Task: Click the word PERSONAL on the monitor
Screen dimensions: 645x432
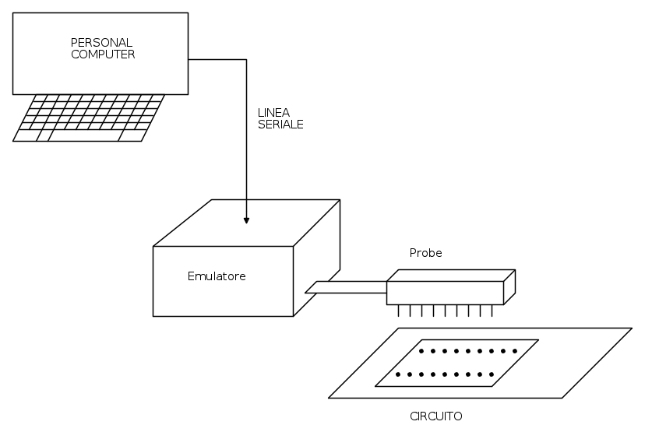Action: pyautogui.click(x=101, y=43)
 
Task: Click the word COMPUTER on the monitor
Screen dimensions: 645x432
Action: pyautogui.click(x=103, y=54)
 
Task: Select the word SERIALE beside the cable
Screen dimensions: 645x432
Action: pyautogui.click(x=280, y=124)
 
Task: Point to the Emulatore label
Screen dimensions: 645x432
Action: pyautogui.click(x=217, y=276)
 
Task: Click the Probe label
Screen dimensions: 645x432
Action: pyautogui.click(x=426, y=253)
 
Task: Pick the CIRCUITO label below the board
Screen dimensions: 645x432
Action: pyautogui.click(x=436, y=416)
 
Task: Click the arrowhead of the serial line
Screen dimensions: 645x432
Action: pyautogui.click(x=246, y=220)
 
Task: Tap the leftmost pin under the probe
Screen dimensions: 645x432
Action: pyautogui.click(x=398, y=311)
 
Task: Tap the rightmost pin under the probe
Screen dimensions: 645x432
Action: pyautogui.click(x=492, y=311)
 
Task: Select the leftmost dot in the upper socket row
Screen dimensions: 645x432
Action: pyautogui.click(x=421, y=351)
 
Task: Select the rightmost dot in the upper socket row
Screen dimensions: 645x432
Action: pyautogui.click(x=515, y=351)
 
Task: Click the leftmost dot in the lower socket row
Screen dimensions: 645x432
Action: pyautogui.click(x=398, y=374)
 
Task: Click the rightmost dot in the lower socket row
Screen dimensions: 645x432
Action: pyautogui.click(x=492, y=374)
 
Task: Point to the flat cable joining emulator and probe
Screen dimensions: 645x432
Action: pyautogui.click(x=346, y=287)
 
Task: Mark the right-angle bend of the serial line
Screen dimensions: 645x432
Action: pyautogui.click(x=246, y=60)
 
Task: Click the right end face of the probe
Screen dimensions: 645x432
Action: pyautogui.click(x=509, y=287)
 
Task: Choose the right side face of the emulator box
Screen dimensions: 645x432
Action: pyautogui.click(x=317, y=258)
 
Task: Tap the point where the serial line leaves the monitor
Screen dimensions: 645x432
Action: pyautogui.click(x=189, y=60)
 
